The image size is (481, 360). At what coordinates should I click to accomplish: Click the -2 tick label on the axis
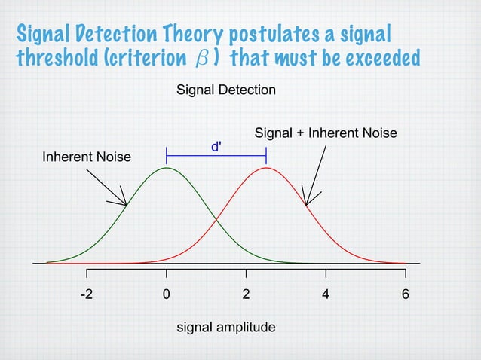87,294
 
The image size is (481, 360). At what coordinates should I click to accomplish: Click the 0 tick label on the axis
166,294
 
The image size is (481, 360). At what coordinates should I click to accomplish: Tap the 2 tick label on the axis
246,294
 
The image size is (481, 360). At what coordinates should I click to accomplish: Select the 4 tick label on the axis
326,294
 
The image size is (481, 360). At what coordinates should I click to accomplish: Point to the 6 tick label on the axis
405,294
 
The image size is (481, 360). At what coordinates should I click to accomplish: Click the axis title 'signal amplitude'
225,328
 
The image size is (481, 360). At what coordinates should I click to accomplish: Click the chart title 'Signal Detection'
225,90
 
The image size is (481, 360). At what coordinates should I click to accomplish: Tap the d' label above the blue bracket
216,146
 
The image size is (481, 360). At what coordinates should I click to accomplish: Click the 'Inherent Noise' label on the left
86,157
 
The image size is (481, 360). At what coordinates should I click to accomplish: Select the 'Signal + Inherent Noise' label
326,133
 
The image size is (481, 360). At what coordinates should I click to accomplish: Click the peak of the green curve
167,168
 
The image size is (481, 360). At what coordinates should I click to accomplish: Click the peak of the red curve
265,168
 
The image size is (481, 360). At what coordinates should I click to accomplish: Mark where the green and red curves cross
216,219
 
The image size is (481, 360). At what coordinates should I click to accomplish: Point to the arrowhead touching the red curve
307,204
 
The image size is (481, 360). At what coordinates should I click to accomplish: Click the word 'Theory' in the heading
178,34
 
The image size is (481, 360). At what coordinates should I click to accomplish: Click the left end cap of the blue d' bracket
167,155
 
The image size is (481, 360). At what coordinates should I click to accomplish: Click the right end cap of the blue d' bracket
266,155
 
